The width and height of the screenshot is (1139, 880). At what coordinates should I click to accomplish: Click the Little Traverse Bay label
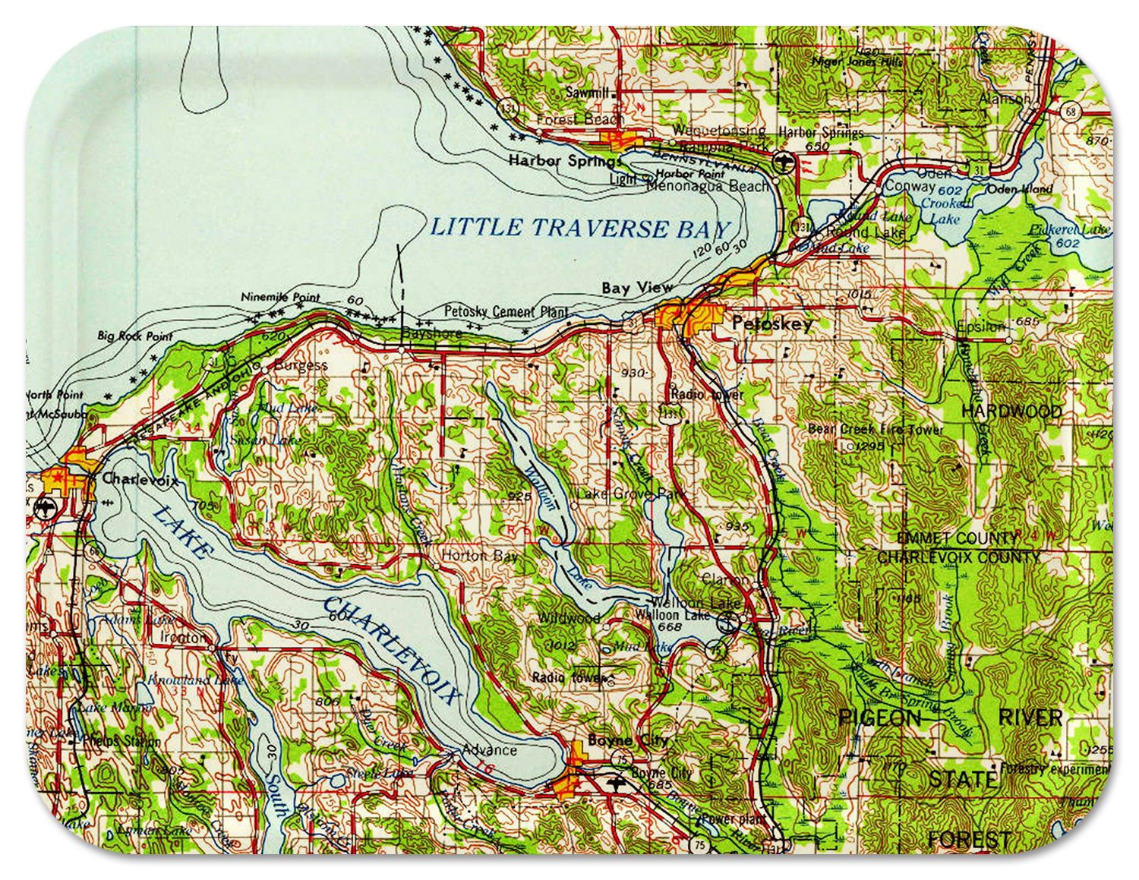pyautogui.click(x=580, y=228)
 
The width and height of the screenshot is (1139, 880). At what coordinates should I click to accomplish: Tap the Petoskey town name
pyautogui.click(x=771, y=324)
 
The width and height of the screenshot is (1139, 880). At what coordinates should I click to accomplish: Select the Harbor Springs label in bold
pyautogui.click(x=565, y=161)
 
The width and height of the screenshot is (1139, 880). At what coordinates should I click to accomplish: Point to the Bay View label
pyautogui.click(x=636, y=288)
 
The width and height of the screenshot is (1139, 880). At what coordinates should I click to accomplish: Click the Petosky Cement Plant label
pyautogui.click(x=506, y=311)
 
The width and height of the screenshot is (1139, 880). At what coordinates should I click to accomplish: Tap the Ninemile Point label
pyautogui.click(x=280, y=297)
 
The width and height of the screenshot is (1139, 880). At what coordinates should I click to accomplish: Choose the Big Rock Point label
pyautogui.click(x=135, y=336)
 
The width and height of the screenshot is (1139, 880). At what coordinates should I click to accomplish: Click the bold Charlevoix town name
pyautogui.click(x=140, y=479)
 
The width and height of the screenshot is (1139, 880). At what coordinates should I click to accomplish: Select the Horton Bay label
pyautogui.click(x=479, y=556)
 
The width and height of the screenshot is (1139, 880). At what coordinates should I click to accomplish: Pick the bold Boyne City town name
pyautogui.click(x=627, y=740)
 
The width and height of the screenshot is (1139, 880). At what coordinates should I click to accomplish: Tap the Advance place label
pyautogui.click(x=489, y=750)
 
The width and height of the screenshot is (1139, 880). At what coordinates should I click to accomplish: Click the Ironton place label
pyautogui.click(x=182, y=637)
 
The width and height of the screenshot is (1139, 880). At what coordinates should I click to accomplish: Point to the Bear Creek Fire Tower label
pyautogui.click(x=875, y=430)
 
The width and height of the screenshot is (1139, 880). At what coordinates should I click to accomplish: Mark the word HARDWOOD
pyautogui.click(x=1011, y=412)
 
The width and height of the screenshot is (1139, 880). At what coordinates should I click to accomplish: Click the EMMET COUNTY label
pyautogui.click(x=958, y=538)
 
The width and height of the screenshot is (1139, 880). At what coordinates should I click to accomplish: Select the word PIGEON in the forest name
pyautogui.click(x=879, y=718)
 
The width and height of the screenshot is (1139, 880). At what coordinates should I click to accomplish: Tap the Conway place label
pyautogui.click(x=910, y=186)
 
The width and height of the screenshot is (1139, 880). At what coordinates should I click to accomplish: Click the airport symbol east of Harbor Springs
pyautogui.click(x=783, y=162)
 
